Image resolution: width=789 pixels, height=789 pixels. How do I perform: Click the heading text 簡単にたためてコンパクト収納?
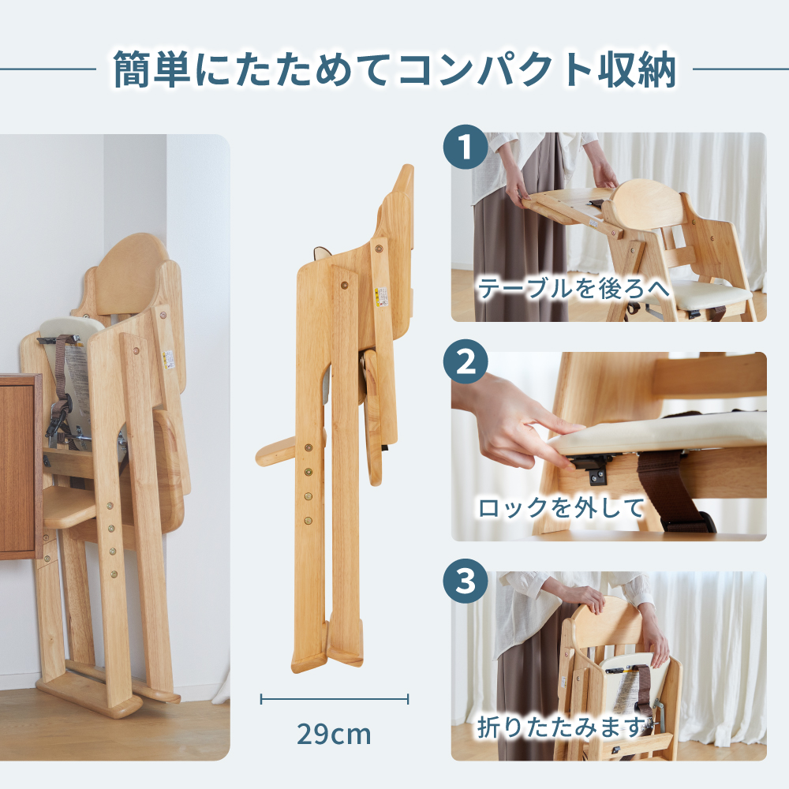394,69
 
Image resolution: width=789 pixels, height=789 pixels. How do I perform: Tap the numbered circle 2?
466,364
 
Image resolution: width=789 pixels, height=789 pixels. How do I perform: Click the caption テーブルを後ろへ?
574,289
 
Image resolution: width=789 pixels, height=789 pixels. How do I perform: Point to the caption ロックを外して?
561,507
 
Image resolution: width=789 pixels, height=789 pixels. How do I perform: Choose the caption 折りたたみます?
562,727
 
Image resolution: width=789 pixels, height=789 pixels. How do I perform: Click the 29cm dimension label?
334,734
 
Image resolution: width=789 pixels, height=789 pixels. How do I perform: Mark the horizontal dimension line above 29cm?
334,698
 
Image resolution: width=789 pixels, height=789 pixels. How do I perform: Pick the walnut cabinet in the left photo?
20,466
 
